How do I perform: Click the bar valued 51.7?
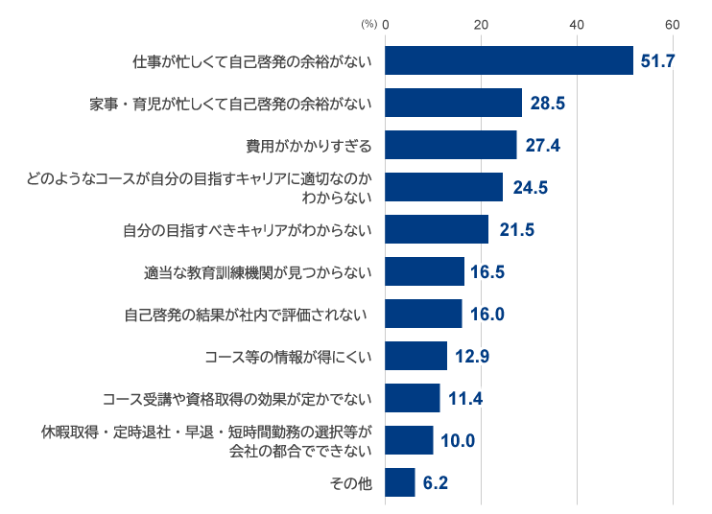[x=509, y=60]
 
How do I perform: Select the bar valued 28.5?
[x=453, y=103]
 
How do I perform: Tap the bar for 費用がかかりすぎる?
[x=450, y=145]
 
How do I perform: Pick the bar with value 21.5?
[x=437, y=229]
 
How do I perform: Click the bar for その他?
[x=399, y=482]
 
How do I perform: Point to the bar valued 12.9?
[x=415, y=356]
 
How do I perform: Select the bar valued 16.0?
[x=423, y=314]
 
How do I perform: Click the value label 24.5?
[x=530, y=188]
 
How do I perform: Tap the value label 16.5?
[x=487, y=271]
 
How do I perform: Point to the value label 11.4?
[x=463, y=398]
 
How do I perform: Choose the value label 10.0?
[x=457, y=441]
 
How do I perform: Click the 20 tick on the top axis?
[x=482, y=24]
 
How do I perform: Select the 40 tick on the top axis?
[x=577, y=24]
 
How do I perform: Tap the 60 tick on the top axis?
[x=673, y=24]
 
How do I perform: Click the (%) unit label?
[x=369, y=24]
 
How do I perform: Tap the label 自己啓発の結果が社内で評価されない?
[x=247, y=314]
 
